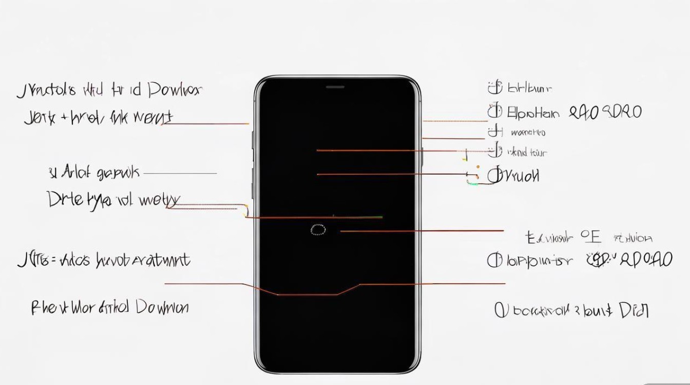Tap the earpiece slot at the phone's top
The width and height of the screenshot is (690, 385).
[335, 87]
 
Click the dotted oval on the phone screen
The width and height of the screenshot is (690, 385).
[318, 230]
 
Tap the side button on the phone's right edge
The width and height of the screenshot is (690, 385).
[422, 156]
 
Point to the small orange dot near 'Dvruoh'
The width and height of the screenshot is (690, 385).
[478, 167]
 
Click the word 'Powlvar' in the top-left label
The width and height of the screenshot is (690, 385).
[175, 90]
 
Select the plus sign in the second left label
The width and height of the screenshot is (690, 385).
[65, 118]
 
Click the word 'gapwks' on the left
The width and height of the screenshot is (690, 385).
[118, 173]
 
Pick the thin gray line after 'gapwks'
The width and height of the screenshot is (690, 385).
[180, 174]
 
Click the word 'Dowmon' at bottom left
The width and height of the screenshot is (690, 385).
[162, 307]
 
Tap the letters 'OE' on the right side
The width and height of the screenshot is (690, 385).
[590, 237]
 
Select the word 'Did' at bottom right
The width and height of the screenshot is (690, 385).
[634, 310]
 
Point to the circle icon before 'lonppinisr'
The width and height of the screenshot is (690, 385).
[494, 260]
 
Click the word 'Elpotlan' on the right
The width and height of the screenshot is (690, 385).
[533, 112]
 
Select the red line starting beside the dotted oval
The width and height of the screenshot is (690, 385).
[421, 231]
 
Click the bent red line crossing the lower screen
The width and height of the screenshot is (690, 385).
[308, 294]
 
